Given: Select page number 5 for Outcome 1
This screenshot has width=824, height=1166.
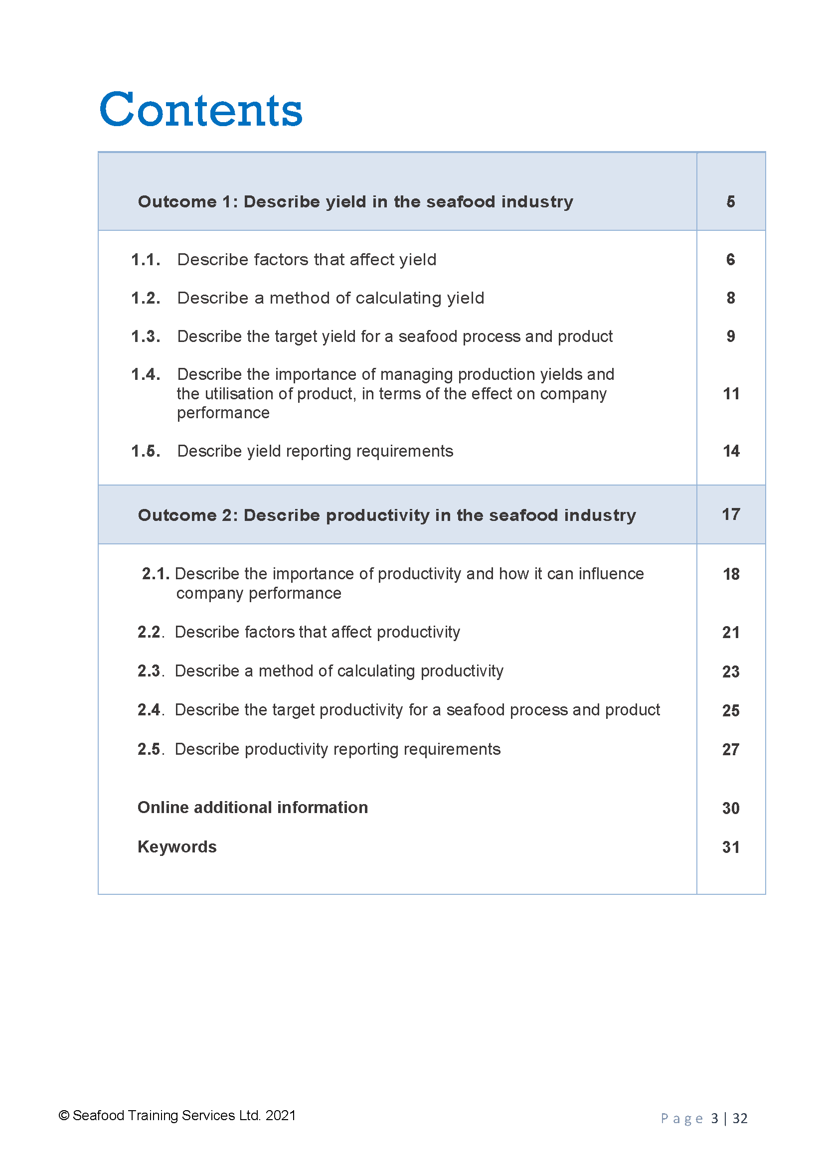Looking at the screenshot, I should (730, 201).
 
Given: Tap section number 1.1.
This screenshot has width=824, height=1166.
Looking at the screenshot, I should (146, 260).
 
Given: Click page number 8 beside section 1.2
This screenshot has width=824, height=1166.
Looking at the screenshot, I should (730, 298).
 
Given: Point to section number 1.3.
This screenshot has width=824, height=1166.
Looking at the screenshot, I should (146, 336).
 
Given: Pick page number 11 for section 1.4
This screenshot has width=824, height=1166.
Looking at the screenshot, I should (731, 394).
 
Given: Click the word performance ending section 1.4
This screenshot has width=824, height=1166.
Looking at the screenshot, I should (223, 413).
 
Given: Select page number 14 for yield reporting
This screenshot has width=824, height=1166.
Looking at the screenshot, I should (731, 451).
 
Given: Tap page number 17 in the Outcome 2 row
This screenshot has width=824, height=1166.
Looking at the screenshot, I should (731, 514).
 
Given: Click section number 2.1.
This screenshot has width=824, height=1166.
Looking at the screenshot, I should (156, 574).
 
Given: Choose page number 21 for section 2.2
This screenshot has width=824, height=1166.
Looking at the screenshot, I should (731, 632).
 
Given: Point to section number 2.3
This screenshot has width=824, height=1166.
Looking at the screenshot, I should (150, 671).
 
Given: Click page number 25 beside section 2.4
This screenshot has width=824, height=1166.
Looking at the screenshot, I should (731, 710).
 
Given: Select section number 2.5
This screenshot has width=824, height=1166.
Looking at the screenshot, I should (150, 749).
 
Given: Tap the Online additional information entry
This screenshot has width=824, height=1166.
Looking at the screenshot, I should (252, 808).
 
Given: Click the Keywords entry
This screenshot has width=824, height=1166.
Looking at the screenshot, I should (176, 846).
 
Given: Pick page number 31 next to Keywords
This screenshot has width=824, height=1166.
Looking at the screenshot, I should (731, 847).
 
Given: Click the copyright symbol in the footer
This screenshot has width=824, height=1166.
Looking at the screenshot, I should (64, 1115).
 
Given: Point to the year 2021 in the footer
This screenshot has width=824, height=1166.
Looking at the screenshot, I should (280, 1115).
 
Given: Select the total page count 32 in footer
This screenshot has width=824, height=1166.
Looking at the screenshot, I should (740, 1118).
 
